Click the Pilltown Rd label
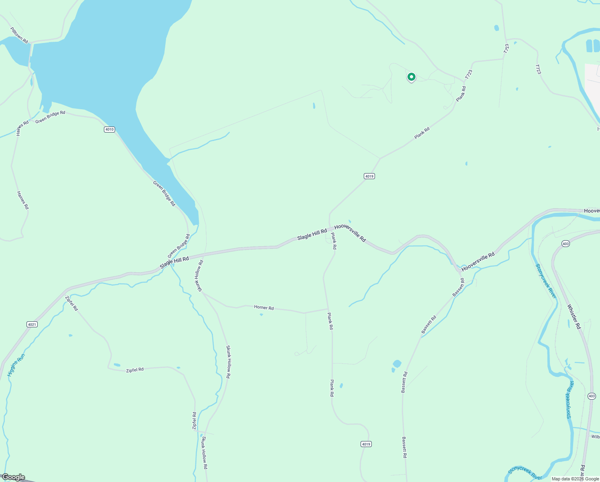pyautogui.click(x=19, y=35)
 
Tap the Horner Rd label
pyautogui.click(x=264, y=308)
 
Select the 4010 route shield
pyautogui.click(x=109, y=129)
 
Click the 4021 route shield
pyautogui.click(x=32, y=324)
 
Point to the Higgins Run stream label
pyautogui.click(x=16, y=365)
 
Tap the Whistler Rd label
pyautogui.click(x=574, y=317)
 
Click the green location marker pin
pyautogui.click(x=411, y=77)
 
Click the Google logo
pyautogui.click(x=13, y=477)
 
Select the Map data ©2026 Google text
pyautogui.click(x=575, y=479)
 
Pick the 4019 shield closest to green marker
pyautogui.click(x=369, y=176)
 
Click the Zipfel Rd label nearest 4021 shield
pyautogui.click(x=71, y=303)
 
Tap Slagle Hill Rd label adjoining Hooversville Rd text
pyautogui.click(x=312, y=235)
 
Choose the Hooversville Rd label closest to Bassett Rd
pyautogui.click(x=478, y=262)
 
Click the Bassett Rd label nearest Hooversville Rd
pyautogui.click(x=458, y=288)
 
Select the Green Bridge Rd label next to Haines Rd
pyautogui.click(x=50, y=117)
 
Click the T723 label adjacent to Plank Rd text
pyautogui.click(x=469, y=74)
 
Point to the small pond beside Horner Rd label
pyautogui.click(x=261, y=315)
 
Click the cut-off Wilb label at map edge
pyautogui.click(x=595, y=437)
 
